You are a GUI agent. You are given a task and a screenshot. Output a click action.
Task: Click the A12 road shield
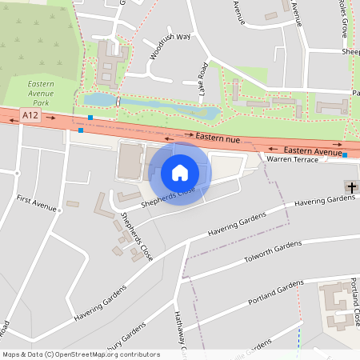(30, 116)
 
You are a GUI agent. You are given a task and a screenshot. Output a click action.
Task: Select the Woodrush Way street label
(169, 46)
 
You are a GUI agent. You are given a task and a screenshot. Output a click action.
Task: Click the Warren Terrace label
(292, 160)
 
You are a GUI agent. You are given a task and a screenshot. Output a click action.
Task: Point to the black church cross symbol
(351, 187)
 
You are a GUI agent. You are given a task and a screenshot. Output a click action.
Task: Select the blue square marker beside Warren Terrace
(345, 155)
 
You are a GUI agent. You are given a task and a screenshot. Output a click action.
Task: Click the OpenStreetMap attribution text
(80, 354)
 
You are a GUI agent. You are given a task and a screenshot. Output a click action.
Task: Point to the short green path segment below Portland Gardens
(299, 336)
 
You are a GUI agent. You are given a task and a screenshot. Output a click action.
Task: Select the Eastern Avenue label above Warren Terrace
(312, 150)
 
